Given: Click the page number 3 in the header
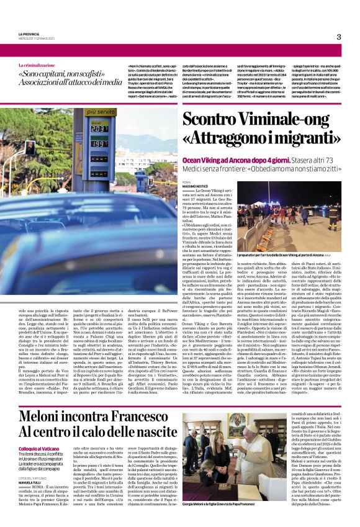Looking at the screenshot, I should (339, 37).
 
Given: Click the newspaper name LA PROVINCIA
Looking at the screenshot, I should (28, 34).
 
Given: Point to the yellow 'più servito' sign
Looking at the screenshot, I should (101, 112).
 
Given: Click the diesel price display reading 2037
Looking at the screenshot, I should (101, 128).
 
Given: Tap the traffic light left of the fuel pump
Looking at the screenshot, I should (30, 148).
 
